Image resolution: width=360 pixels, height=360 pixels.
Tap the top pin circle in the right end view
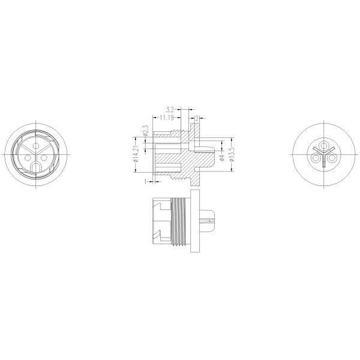point(323,146)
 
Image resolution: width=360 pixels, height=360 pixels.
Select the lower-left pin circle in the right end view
point(316,158)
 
